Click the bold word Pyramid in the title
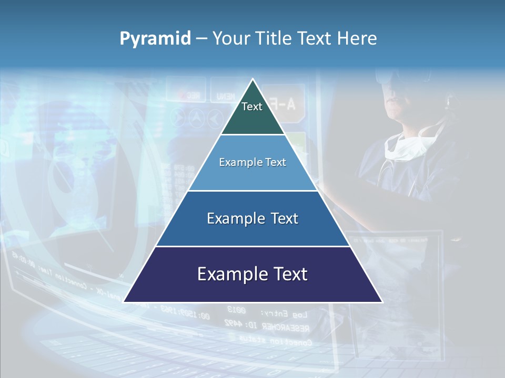155,39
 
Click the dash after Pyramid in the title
201,39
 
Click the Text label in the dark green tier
252,107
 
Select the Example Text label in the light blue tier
252,162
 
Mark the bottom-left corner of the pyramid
124,302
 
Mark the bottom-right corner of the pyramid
382,302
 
